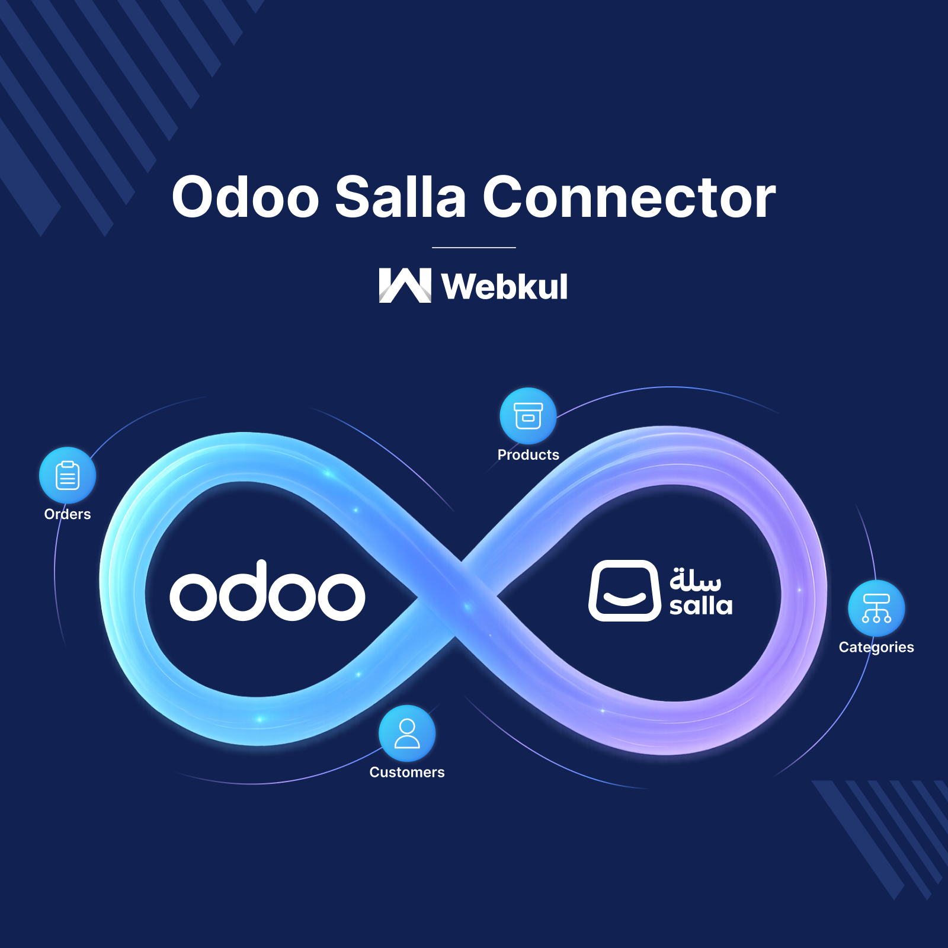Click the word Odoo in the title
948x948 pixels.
click(x=245, y=197)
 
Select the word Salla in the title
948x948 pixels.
click(x=401, y=197)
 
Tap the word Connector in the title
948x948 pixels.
click(x=629, y=197)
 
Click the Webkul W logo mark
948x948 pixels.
click(x=405, y=286)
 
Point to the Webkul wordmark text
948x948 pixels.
click(x=504, y=287)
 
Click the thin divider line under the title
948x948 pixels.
click(x=474, y=247)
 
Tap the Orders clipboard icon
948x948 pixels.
click(x=68, y=475)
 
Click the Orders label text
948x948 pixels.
click(x=68, y=514)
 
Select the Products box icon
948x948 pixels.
click(x=528, y=416)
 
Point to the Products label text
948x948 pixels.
click(x=528, y=455)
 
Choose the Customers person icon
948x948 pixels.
click(x=407, y=734)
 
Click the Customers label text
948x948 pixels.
click(x=407, y=773)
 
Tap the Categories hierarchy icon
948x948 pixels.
click(x=876, y=608)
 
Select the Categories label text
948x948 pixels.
click(x=876, y=647)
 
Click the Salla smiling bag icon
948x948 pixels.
click(x=624, y=591)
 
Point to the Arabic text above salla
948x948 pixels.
click(x=695, y=579)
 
